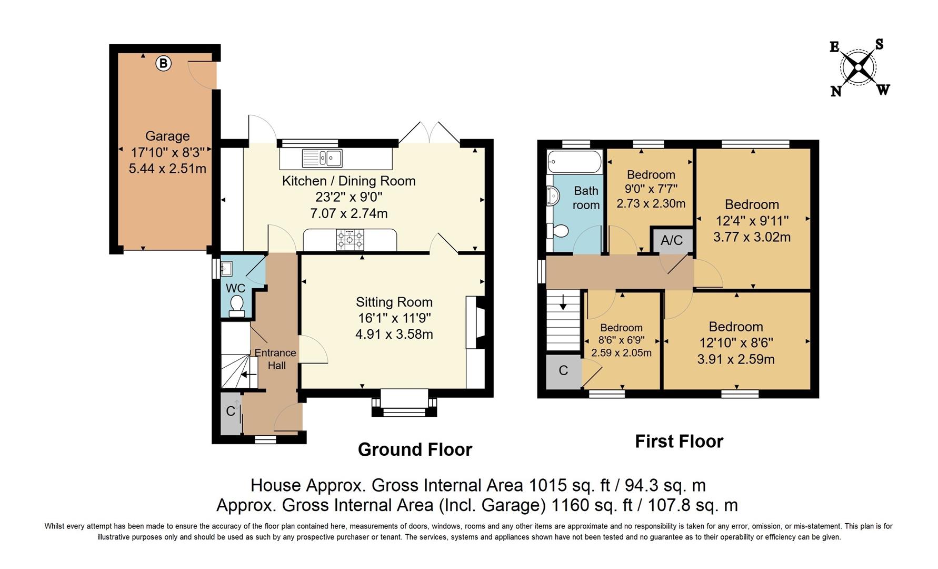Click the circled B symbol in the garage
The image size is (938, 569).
[164, 64]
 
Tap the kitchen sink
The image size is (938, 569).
[322, 158]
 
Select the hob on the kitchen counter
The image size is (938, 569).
[350, 240]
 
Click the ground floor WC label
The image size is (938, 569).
[235, 288]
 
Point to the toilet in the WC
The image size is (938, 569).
[237, 305]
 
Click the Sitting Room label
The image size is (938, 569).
[394, 302]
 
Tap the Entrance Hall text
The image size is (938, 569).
[276, 359]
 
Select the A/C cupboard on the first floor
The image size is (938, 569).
[672, 241]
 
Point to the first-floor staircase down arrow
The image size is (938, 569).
[563, 303]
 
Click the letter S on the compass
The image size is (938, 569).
[879, 45]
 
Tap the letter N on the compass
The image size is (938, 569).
[836, 92]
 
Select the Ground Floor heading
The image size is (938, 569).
[415, 449]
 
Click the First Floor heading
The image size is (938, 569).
[679, 441]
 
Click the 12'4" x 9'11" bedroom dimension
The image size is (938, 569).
[752, 221]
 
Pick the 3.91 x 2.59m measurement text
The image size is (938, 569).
[736, 359]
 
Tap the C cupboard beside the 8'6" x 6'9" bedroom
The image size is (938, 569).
[563, 371]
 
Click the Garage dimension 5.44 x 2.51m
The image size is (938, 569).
[167, 169]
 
